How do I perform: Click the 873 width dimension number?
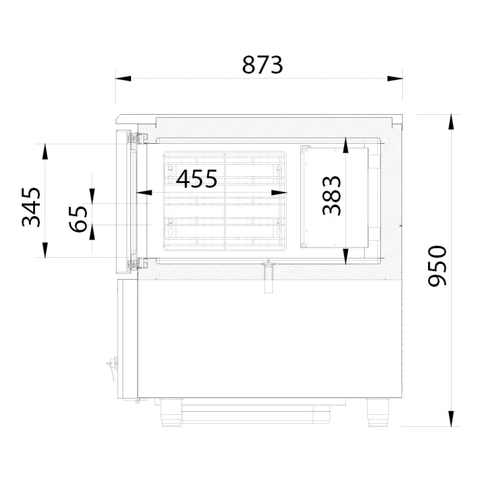coord(262,65)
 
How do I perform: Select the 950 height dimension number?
coord(437,266)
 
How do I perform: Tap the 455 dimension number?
coord(197,179)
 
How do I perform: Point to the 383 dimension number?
coord(331,195)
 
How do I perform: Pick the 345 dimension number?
coord(31,207)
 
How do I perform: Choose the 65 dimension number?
coord(78,219)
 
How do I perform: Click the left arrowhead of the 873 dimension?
coord(123,78)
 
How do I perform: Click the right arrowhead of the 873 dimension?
coord(395,78)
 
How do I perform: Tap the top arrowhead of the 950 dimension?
coord(451,122)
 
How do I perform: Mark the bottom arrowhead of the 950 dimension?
coord(451,418)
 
